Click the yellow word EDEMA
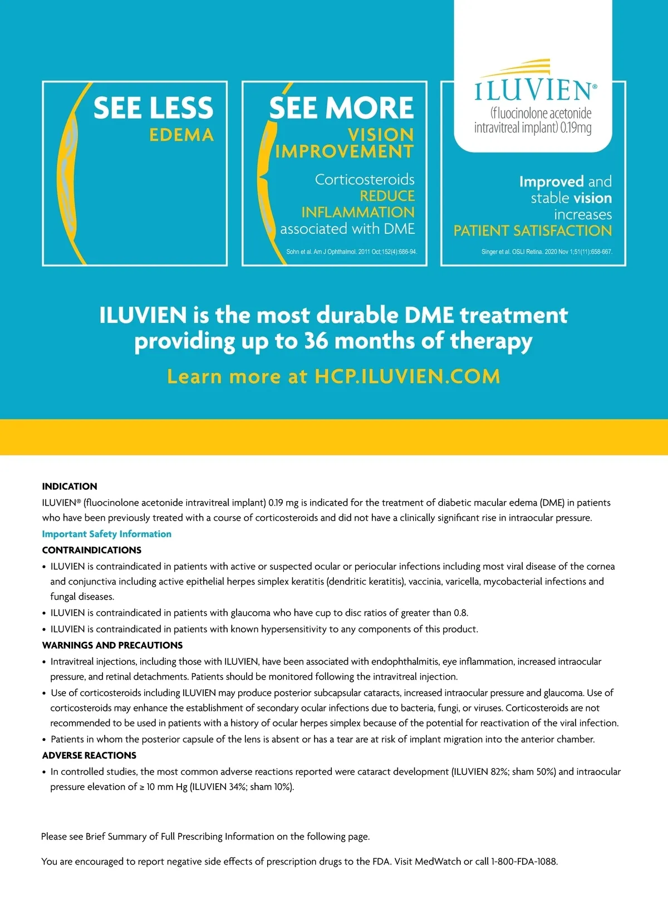pos(181,135)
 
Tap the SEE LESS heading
pos(153,108)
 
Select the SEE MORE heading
pos(341,108)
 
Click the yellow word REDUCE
pos(387,196)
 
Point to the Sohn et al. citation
pos(351,252)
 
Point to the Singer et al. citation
pos(547,252)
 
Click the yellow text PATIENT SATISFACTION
pos(533,230)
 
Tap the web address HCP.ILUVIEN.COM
pos(407,377)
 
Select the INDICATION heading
pos(70,486)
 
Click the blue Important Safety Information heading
pos(107,534)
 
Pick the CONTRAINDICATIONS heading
pos(92,550)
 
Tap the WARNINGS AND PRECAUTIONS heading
pos(112,645)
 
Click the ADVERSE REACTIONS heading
pos(90,755)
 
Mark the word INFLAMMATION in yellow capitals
pos(358,212)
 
